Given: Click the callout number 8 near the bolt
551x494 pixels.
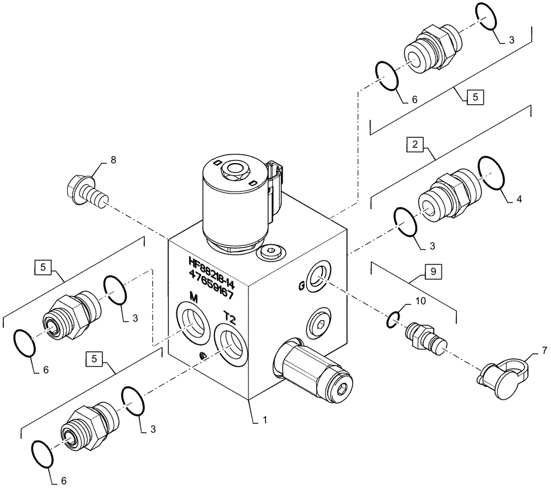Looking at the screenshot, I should (x=114, y=160).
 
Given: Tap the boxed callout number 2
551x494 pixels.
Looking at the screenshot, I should (x=414, y=144).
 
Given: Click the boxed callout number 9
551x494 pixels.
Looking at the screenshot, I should (x=433, y=271).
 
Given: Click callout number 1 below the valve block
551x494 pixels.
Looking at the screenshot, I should (x=264, y=420).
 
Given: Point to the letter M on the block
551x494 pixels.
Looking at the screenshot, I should (x=193, y=298).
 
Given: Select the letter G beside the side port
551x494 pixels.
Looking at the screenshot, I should (x=301, y=286).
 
